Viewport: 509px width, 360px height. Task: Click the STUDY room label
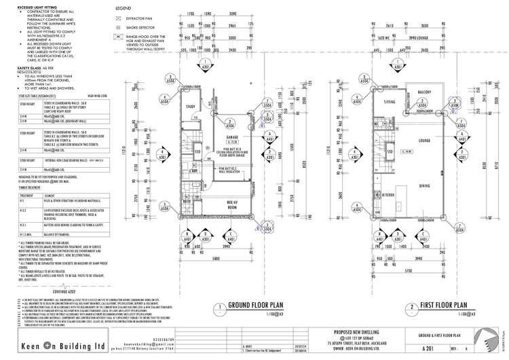191,106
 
